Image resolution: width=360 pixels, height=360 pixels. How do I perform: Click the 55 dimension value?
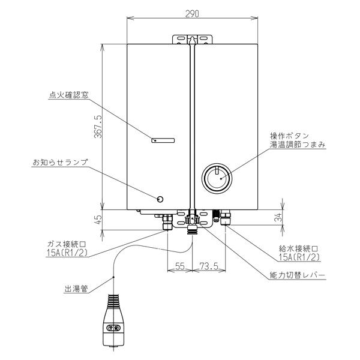[178, 265]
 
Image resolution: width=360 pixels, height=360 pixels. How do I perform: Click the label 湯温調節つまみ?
[298, 146]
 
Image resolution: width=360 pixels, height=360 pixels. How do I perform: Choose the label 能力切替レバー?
[298, 275]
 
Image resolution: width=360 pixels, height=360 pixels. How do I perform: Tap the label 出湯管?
[76, 288]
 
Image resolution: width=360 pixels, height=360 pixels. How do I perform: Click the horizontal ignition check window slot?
[163, 141]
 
